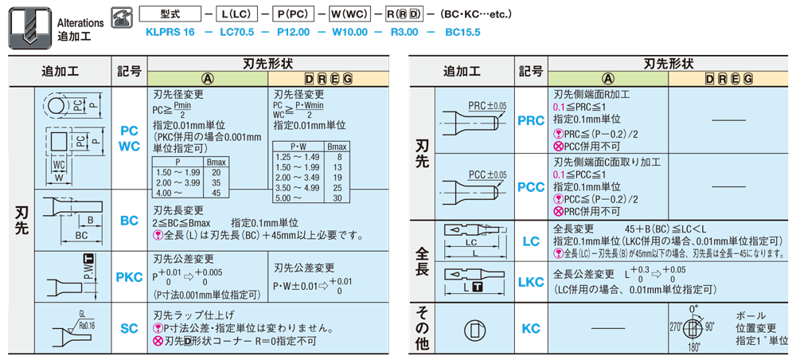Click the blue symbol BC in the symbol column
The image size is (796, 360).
(x=130, y=221)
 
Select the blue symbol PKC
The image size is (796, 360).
(x=130, y=276)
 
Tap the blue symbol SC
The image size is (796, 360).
(x=130, y=328)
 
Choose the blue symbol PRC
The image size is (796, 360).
(x=530, y=120)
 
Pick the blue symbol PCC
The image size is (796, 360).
(x=530, y=186)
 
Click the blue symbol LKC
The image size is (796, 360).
(x=530, y=282)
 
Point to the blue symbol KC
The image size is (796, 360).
(x=530, y=328)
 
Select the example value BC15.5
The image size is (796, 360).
(x=462, y=32)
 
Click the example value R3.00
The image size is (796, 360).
(x=404, y=32)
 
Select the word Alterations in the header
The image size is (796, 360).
(x=80, y=23)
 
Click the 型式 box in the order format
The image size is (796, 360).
(x=171, y=14)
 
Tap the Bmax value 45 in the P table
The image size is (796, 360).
(x=217, y=193)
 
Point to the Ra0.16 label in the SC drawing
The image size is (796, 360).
(x=85, y=326)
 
